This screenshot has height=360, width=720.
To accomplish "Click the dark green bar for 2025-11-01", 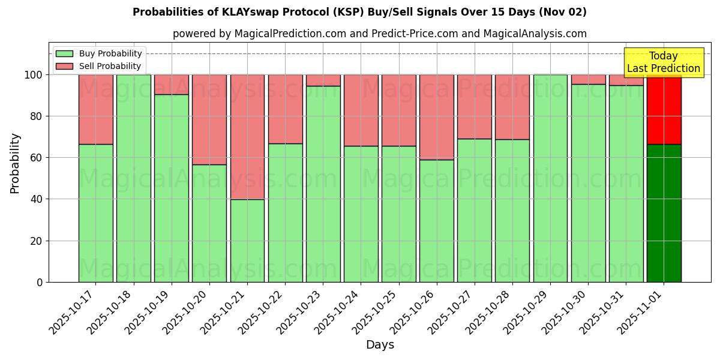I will (x=664, y=213).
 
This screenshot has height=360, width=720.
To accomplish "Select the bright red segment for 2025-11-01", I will (x=664, y=110).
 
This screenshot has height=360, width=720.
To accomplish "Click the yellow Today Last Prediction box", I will (x=664, y=62).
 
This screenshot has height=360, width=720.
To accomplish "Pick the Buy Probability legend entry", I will (x=99, y=53).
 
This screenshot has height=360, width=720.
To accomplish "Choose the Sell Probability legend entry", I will (x=99, y=66).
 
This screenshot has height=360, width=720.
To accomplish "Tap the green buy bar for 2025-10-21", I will (x=247, y=241).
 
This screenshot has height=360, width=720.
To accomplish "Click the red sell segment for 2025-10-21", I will (x=247, y=137).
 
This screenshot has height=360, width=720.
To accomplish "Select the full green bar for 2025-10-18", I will (x=134, y=178).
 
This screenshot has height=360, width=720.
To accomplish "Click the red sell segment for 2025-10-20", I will (x=209, y=119).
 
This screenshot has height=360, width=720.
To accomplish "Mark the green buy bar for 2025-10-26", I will (x=437, y=221).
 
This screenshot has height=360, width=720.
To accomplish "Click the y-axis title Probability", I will (x=15, y=163).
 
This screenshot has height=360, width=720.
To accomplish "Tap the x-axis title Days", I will (x=380, y=345).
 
